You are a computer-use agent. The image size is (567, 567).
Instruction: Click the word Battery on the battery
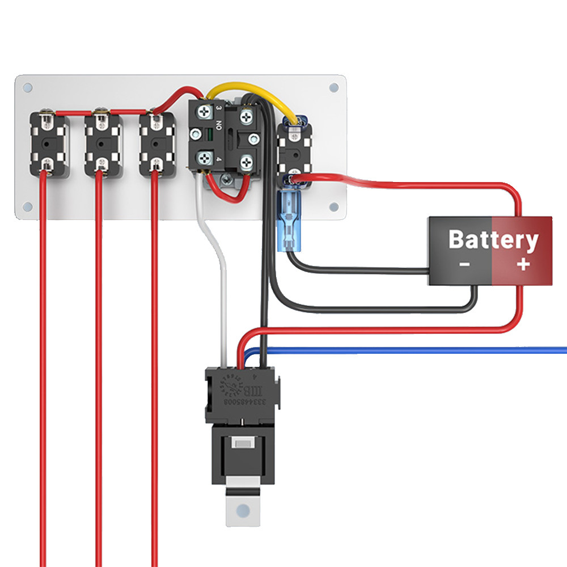click(x=493, y=240)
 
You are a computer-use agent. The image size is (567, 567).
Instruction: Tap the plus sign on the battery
click(x=523, y=264)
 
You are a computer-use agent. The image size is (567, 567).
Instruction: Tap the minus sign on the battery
click(x=464, y=264)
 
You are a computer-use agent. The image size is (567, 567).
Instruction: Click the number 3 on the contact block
click(x=218, y=107)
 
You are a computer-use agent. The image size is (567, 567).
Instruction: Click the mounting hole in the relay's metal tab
click(x=244, y=509)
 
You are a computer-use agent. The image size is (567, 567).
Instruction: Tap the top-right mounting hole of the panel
click(x=333, y=88)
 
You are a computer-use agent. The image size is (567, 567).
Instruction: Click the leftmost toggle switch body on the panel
click(x=49, y=145)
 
